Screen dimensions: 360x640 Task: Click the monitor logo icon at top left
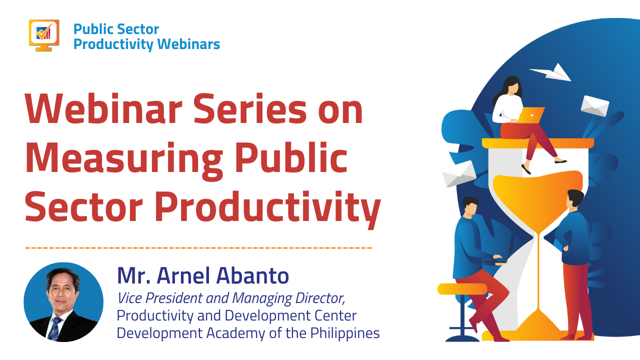click(x=44, y=34)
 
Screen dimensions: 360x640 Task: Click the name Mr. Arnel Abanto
click(x=203, y=275)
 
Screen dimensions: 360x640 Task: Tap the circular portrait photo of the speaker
click(x=63, y=302)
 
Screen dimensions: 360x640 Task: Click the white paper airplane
click(x=551, y=72)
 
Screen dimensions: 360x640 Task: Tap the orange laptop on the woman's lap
click(x=531, y=115)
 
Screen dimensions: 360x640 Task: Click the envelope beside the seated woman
click(x=595, y=105)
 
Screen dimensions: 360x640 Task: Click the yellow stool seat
click(x=462, y=288)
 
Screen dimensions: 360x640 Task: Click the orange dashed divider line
click(x=198, y=247)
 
